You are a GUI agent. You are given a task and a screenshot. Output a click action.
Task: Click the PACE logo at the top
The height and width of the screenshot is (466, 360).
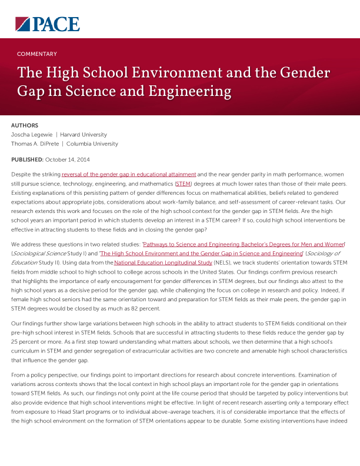[x=48, y=24]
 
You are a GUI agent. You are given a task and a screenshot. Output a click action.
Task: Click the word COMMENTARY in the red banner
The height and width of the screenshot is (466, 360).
[x=37, y=54]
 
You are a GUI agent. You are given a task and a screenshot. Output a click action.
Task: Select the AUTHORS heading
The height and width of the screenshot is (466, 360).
[x=25, y=125]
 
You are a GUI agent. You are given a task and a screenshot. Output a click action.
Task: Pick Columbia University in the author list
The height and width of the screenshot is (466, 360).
[x=92, y=144]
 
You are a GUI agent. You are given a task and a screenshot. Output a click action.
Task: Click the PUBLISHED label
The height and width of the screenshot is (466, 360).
[x=27, y=159]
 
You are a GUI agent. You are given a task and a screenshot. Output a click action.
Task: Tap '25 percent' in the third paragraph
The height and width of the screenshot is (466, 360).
[x=24, y=341]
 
